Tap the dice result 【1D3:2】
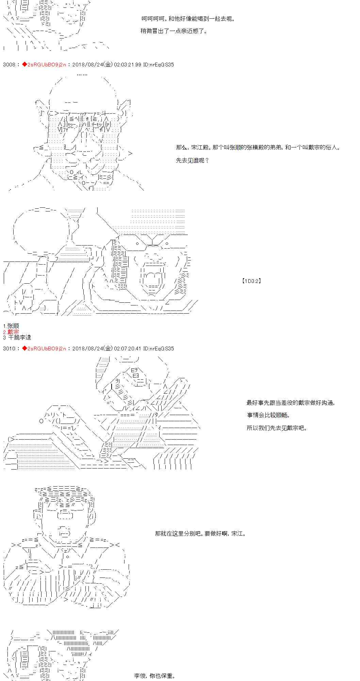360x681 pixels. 251,281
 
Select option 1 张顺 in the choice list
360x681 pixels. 11,326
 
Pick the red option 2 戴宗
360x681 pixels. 11,332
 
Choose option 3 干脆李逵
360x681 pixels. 17,337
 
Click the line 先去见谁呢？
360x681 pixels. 192,160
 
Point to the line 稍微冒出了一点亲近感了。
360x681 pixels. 174,31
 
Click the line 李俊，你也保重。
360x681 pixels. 155,676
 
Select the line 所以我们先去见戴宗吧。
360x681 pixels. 277,428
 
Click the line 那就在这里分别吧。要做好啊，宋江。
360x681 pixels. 200,534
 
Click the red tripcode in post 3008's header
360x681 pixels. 46,64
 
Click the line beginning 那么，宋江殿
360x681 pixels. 258,147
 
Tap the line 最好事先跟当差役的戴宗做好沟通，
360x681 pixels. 291,403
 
